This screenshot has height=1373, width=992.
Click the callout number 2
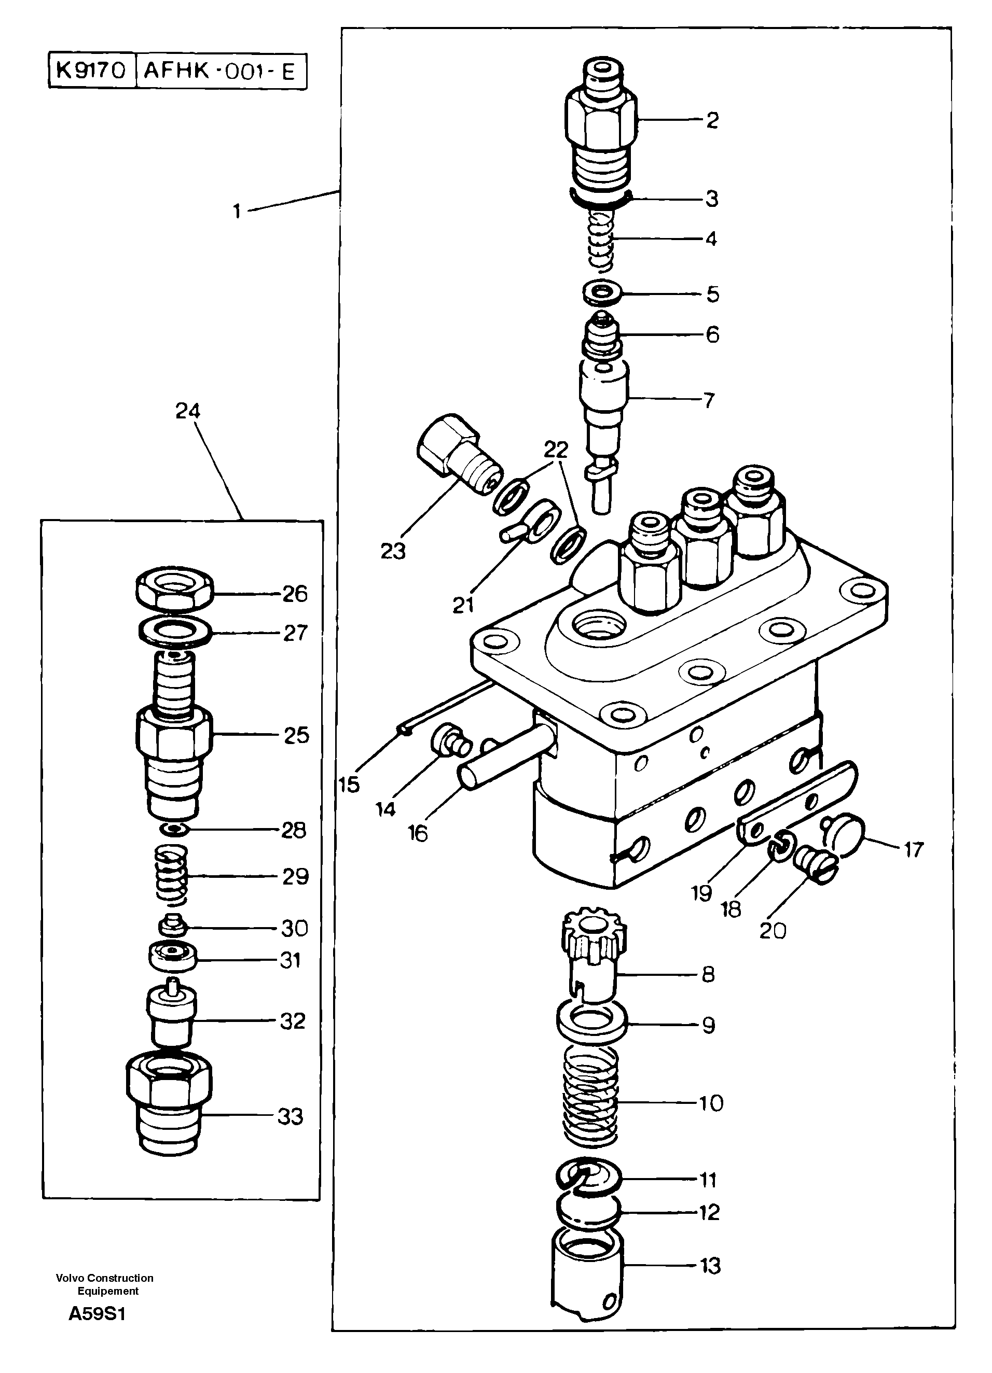click(x=712, y=120)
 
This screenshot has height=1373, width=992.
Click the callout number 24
click(x=188, y=412)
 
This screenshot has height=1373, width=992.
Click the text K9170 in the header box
click(x=91, y=71)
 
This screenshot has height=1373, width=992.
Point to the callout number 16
click(x=418, y=833)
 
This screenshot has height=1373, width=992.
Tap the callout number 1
click(x=238, y=211)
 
